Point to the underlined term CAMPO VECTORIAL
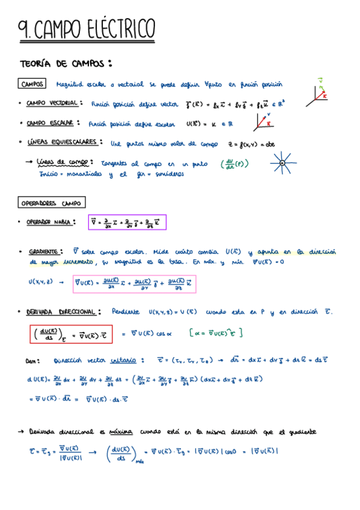(x=51, y=103)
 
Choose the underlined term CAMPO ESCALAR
(x=50, y=123)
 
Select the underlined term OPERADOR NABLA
(x=50, y=222)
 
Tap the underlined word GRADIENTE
(x=43, y=251)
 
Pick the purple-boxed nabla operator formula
(x=127, y=223)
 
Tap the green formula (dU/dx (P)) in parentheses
(x=234, y=164)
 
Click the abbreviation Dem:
(x=34, y=361)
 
